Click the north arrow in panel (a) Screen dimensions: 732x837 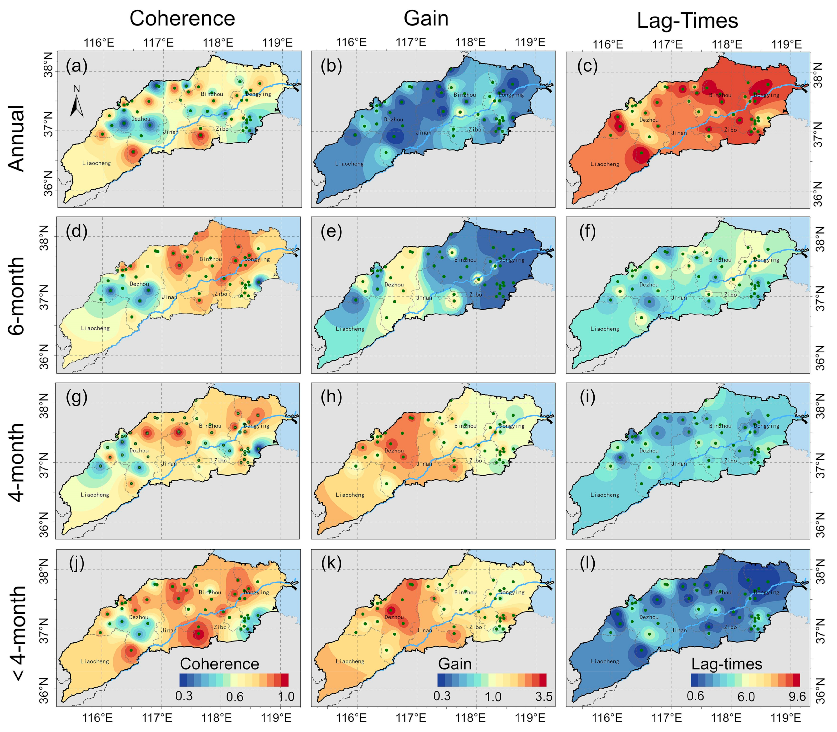click(76, 102)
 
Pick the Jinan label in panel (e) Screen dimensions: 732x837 click(424, 298)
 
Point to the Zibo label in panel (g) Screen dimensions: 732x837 click(220, 460)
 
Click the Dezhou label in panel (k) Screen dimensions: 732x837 click(394, 617)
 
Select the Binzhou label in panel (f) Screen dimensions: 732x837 click(720, 260)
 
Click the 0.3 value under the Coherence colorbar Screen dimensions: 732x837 click(184, 696)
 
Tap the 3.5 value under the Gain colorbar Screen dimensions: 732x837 click(544, 696)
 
